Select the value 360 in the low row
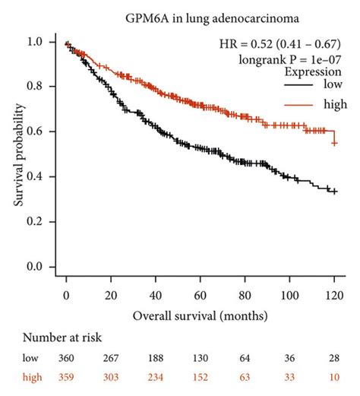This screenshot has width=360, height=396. point(67,358)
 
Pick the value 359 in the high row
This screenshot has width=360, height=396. point(67,375)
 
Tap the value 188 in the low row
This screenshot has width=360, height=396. point(156,358)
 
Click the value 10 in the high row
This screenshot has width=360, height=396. point(334,375)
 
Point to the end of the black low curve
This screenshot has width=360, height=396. point(335,192)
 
